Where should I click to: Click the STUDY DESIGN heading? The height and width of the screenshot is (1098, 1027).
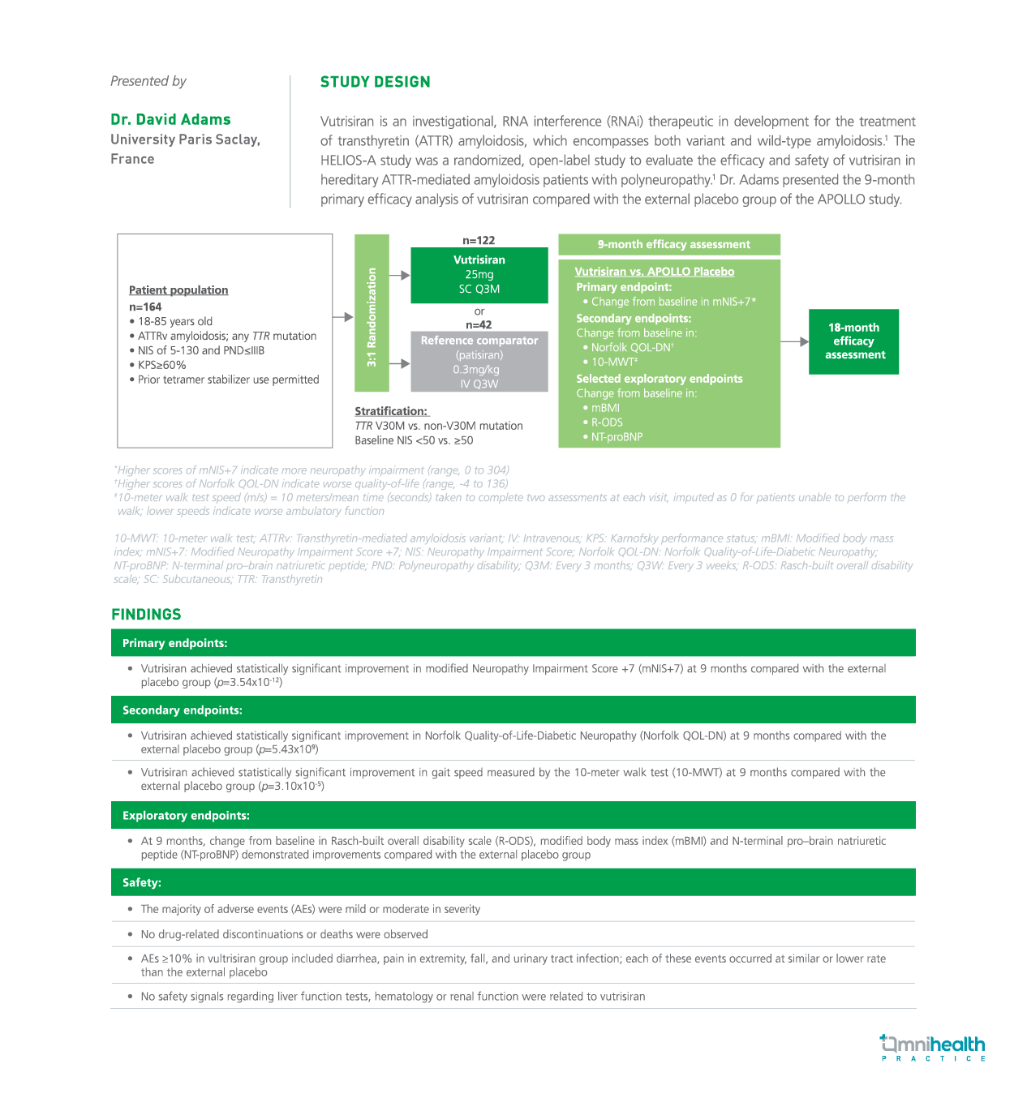(375, 82)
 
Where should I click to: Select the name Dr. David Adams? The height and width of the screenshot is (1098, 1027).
(170, 119)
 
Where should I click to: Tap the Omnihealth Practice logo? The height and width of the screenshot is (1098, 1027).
(932, 1047)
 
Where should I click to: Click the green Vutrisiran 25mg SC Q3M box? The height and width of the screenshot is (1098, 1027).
(479, 275)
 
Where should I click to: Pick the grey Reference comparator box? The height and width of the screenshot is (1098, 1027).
(479, 362)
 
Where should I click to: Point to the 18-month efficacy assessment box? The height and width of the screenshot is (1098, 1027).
(853, 341)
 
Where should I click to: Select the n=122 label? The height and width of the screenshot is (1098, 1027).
(479, 240)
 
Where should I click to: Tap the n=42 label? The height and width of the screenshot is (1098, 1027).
(479, 325)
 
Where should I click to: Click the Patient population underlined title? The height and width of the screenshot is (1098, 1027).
(178, 290)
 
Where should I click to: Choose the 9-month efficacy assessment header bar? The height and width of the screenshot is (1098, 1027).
(669, 244)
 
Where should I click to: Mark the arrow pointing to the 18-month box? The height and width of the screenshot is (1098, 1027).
(795, 341)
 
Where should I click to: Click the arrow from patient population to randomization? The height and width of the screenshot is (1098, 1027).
(343, 317)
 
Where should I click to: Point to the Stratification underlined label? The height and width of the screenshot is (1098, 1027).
(391, 411)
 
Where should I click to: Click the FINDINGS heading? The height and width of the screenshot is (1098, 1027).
(146, 614)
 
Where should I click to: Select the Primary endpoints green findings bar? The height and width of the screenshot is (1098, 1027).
(513, 643)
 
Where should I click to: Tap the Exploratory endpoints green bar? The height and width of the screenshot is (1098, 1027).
(513, 816)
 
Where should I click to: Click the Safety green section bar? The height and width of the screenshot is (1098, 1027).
(513, 882)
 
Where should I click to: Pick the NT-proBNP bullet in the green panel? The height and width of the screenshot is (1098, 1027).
(616, 437)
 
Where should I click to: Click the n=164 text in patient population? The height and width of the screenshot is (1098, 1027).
(145, 307)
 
